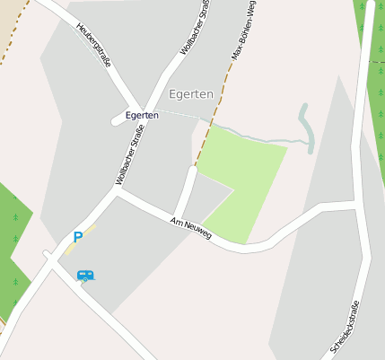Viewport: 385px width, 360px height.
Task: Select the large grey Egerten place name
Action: (190, 93)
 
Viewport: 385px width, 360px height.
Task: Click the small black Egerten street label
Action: (142, 115)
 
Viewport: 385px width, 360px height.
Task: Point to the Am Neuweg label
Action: (190, 229)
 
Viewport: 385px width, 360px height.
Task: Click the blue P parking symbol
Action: (78, 238)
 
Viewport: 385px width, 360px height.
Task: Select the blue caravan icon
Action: (85, 276)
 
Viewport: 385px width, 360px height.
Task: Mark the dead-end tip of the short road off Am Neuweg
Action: (192, 169)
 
